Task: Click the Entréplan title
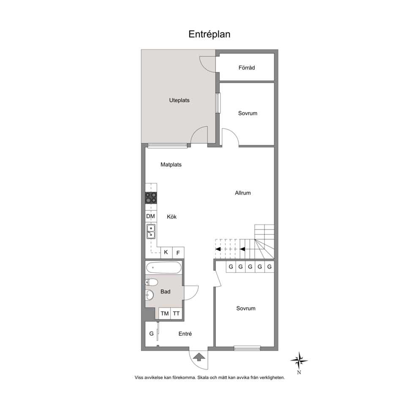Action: (x=209, y=34)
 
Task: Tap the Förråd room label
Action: (x=247, y=68)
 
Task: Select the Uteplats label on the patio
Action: (x=180, y=100)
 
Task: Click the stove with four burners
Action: (x=151, y=198)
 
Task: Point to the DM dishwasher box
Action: (x=151, y=216)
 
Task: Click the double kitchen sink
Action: (x=151, y=231)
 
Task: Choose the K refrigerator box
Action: (x=166, y=253)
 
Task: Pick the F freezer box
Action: (x=178, y=253)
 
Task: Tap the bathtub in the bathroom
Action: (x=163, y=267)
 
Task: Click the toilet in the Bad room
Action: (x=152, y=282)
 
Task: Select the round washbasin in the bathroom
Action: (x=150, y=295)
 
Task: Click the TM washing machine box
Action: (x=165, y=313)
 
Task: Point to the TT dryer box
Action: (x=177, y=313)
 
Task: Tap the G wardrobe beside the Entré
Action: (x=152, y=334)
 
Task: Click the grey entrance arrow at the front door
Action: (x=199, y=357)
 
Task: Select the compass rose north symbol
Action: (x=299, y=361)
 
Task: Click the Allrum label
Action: (x=243, y=193)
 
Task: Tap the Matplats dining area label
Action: (x=171, y=165)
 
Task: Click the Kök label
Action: (x=171, y=217)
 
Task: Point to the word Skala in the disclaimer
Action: (x=203, y=378)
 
